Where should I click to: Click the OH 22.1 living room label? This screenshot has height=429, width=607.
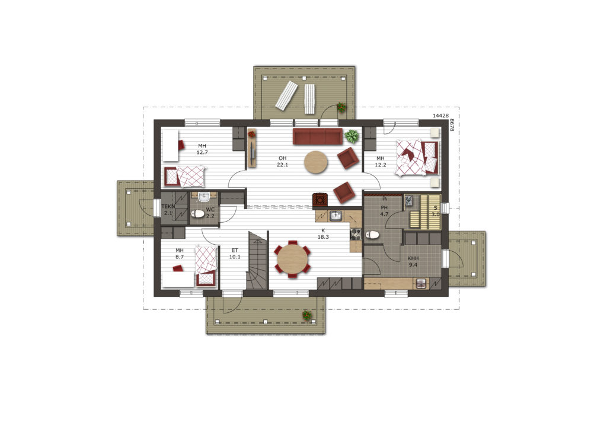coord(282,161)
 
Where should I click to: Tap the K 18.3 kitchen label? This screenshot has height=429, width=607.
coord(323,233)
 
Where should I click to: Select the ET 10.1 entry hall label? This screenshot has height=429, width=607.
coord(235,254)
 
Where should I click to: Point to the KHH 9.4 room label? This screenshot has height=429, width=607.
coord(413,261)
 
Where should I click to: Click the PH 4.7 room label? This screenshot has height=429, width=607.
coord(384,211)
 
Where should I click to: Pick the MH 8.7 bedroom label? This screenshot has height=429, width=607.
coord(179,254)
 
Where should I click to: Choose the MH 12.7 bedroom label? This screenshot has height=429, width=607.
coord(202,149)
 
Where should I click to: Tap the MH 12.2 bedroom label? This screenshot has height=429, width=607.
coord(380,161)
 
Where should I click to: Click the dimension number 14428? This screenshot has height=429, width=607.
coord(440,116)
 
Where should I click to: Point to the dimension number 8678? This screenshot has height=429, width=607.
coord(451,125)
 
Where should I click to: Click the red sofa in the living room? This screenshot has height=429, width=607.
coord(318,136)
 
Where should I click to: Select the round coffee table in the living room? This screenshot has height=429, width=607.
coord(315,162)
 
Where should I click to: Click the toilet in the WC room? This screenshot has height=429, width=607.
coord(198,213)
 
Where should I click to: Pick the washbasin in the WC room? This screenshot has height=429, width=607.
coord(203,197)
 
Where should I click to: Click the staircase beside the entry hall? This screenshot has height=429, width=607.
coord(257,260)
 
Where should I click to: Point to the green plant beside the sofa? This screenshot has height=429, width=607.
coord(352,136)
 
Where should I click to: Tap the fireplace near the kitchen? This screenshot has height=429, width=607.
coord(320,199)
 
